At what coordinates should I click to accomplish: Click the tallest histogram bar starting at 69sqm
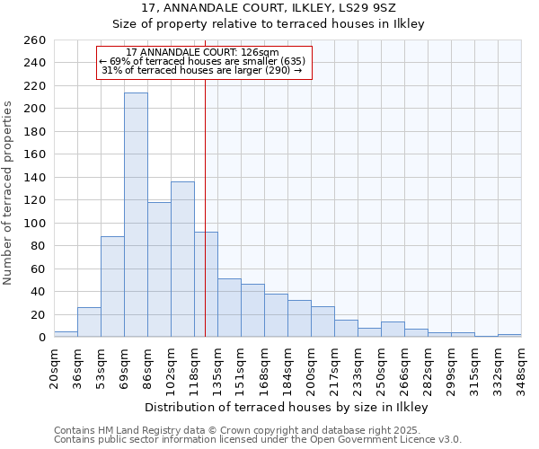click(x=136, y=216)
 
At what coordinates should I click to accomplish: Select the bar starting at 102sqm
click(x=182, y=260)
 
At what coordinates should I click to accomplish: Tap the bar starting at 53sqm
click(x=112, y=287)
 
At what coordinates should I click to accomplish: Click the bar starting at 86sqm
click(x=159, y=269)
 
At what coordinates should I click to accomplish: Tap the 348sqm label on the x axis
click(x=521, y=370)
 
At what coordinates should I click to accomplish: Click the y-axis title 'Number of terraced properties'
click(x=9, y=193)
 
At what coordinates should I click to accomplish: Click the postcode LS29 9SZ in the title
click(x=340, y=8)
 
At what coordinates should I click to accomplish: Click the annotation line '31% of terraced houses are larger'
click(x=202, y=70)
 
